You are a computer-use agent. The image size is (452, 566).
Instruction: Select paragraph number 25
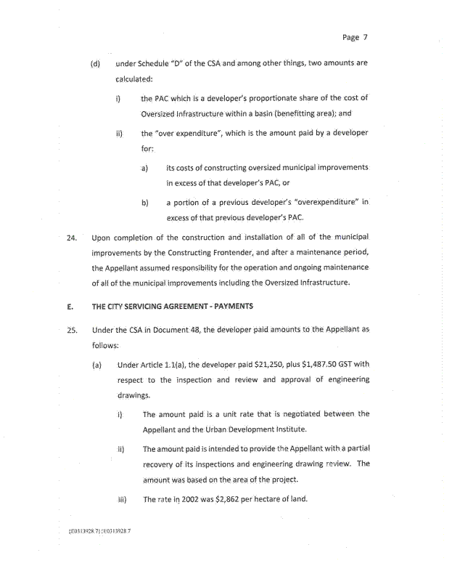pyautogui.click(x=71, y=329)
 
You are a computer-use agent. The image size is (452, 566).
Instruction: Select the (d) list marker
pyautogui.click(x=94, y=63)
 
